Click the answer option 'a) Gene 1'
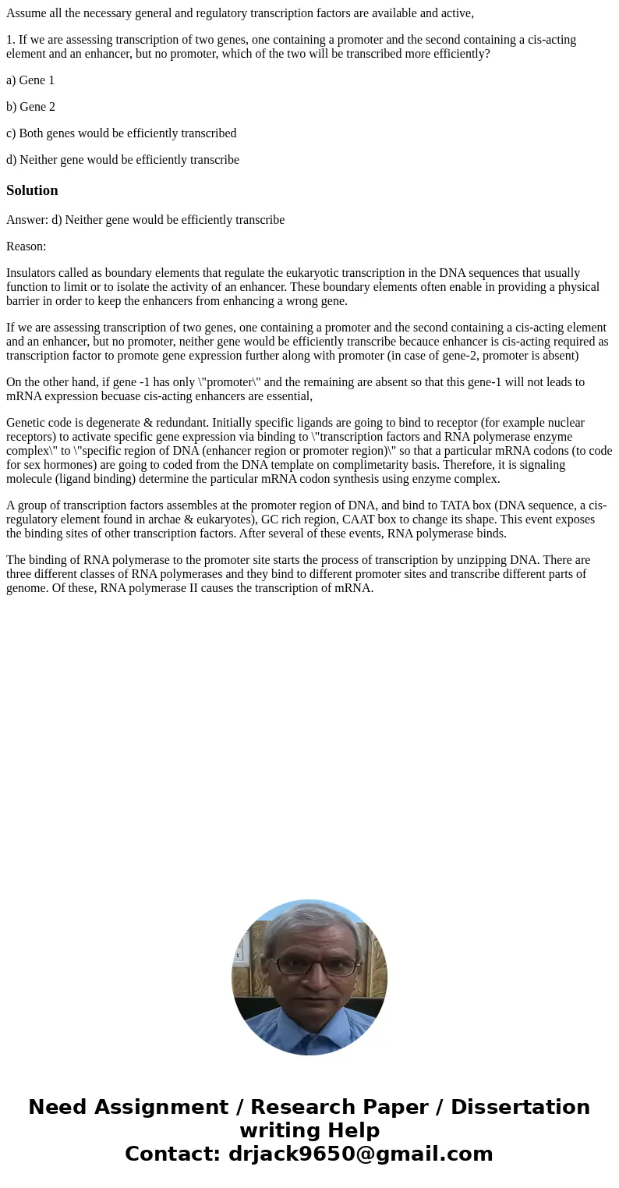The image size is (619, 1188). pyautogui.click(x=30, y=80)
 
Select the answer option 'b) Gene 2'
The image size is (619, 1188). pyautogui.click(x=30, y=107)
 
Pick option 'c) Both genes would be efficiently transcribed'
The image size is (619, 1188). pyautogui.click(x=121, y=133)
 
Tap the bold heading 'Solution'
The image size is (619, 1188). pyautogui.click(x=32, y=190)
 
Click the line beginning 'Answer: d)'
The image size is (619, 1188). pyautogui.click(x=145, y=220)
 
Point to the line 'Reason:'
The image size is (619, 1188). pyautogui.click(x=26, y=246)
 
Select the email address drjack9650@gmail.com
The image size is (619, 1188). pyautogui.click(x=361, y=1154)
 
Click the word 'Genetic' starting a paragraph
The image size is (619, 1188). pyautogui.click(x=27, y=423)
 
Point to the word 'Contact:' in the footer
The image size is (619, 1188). pyautogui.click(x=173, y=1154)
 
